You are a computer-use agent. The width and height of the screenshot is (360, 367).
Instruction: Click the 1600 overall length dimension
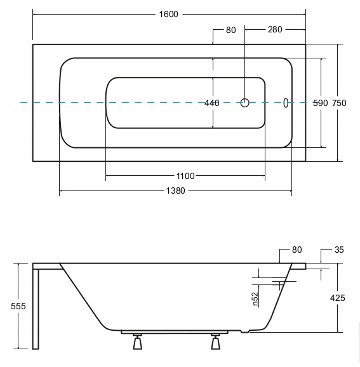(168, 14)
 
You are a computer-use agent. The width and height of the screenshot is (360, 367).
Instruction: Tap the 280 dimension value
(275, 29)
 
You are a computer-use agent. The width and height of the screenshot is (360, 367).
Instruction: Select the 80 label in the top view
(230, 30)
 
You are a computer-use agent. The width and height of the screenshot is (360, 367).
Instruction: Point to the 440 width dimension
(212, 103)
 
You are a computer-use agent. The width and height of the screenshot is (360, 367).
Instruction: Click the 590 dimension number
(321, 103)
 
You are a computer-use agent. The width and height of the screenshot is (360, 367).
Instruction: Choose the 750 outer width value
(339, 103)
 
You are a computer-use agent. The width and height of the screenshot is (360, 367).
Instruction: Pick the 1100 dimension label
(185, 176)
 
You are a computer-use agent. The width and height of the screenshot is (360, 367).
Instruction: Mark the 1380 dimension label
(175, 191)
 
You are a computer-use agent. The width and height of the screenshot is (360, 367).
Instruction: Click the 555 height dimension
(18, 306)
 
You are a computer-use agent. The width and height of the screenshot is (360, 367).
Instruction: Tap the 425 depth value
(338, 298)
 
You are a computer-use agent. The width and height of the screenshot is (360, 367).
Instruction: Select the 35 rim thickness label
(339, 250)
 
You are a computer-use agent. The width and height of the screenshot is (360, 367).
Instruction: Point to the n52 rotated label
(255, 299)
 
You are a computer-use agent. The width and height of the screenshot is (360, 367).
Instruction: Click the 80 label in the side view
(297, 250)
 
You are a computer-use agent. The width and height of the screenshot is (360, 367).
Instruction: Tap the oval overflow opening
(286, 103)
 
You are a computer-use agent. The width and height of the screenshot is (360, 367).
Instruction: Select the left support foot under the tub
(137, 342)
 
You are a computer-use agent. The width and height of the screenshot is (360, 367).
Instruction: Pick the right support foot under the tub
(216, 342)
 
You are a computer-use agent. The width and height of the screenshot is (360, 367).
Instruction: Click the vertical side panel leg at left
(36, 309)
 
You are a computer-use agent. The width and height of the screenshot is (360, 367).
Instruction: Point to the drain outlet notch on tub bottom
(245, 331)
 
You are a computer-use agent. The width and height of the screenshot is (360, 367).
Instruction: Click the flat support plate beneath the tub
(175, 332)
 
